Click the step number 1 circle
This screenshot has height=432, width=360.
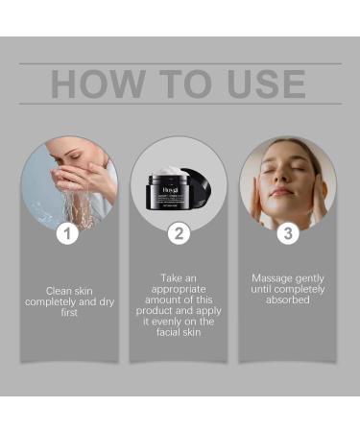coord(66,233)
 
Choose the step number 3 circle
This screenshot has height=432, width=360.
coord(289,233)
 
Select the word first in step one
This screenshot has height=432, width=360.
coord(68,313)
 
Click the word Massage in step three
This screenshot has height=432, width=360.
coord(272,278)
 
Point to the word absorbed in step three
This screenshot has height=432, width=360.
coord(289,301)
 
